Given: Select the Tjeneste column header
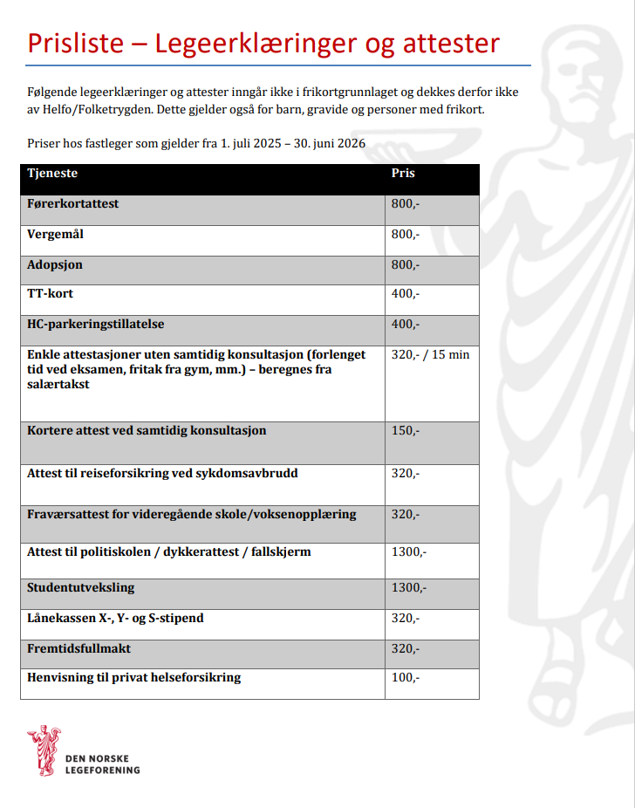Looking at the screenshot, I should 52,173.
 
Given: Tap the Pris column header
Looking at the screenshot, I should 403,173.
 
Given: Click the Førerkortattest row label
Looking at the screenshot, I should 73,203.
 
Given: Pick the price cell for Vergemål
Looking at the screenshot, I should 406,234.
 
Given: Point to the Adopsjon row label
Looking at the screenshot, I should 55,264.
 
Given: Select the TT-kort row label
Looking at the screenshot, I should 51,293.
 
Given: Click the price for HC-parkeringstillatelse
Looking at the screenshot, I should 406,324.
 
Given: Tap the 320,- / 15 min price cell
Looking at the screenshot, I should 430,354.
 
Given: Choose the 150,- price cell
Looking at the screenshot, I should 406,430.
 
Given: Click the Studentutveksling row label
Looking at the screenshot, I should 81,587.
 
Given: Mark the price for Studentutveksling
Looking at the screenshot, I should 409,587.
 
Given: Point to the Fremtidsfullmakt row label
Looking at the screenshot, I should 79,648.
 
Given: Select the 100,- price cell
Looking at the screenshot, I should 406,677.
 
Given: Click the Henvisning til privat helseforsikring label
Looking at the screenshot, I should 134,677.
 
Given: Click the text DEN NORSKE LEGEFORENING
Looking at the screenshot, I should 103,764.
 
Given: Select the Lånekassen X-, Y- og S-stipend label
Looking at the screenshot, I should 116,618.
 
